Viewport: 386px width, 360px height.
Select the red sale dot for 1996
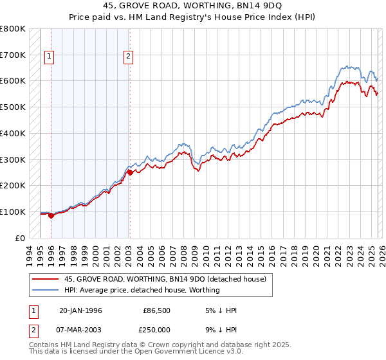point(51,215)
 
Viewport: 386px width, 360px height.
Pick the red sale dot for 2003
point(130,172)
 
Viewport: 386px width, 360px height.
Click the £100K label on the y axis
point(13,212)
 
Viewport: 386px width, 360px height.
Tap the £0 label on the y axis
point(20,238)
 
